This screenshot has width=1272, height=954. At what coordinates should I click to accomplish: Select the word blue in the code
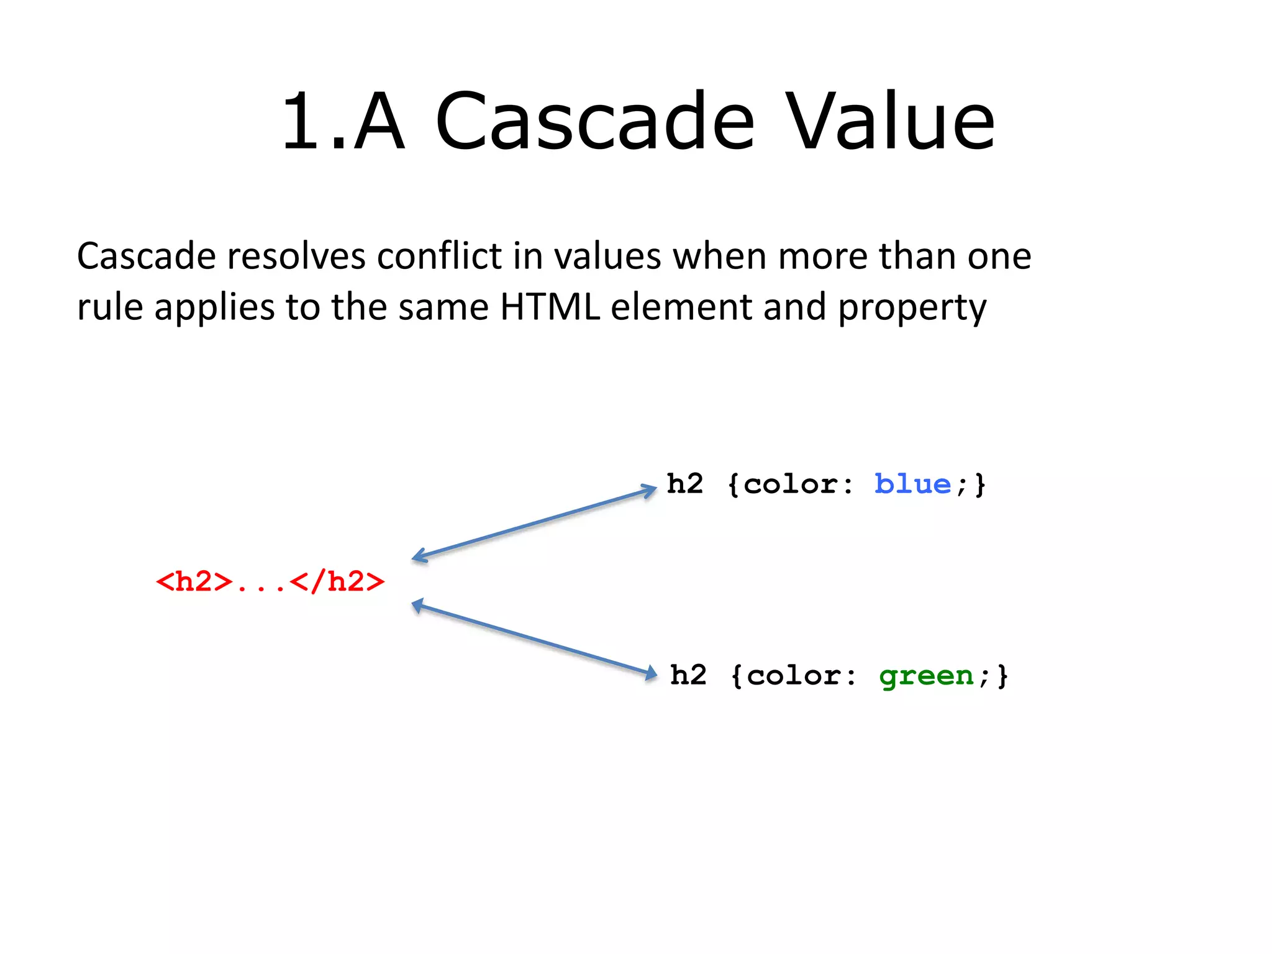click(912, 484)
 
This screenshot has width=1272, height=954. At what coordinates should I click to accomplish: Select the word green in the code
click(926, 676)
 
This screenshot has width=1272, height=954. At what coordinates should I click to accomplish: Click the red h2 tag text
click(270, 582)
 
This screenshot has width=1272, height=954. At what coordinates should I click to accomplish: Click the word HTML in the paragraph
click(550, 307)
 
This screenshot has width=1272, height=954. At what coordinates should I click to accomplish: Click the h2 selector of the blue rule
click(685, 484)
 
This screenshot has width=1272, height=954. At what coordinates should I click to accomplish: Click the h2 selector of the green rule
click(688, 676)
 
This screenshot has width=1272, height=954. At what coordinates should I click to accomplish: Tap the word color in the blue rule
click(789, 484)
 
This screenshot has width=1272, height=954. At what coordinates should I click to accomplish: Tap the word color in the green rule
click(793, 676)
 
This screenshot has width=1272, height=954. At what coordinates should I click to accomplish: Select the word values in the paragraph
click(607, 256)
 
